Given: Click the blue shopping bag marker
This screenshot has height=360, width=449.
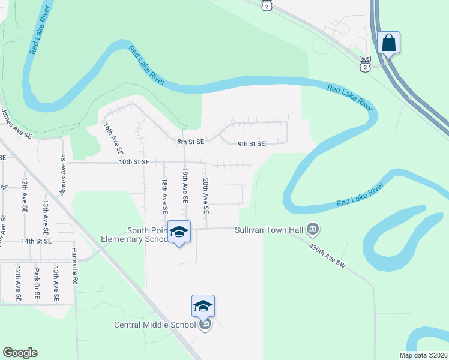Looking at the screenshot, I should (389, 43).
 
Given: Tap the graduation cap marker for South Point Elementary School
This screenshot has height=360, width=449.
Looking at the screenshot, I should (179, 232).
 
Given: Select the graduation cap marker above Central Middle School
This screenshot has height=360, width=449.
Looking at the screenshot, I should (203, 306).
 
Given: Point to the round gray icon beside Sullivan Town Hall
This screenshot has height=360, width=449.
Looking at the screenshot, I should (312, 229).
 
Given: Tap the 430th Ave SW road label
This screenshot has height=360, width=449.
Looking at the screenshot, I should (327, 256).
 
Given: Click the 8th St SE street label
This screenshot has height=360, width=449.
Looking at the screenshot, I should (191, 142).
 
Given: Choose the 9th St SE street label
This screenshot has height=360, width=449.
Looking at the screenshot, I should (252, 144).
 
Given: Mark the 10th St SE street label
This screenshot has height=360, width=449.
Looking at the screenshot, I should (133, 162).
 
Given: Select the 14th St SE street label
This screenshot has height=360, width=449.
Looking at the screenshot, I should (37, 241).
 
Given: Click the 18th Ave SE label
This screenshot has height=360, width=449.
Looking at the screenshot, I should (164, 196).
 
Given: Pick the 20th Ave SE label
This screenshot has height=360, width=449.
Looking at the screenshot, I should (206, 196).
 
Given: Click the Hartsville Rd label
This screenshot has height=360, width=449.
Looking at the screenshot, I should (75, 266).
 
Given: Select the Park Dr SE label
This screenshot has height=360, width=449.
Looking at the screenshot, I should (37, 284).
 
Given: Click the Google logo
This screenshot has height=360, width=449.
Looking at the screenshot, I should (20, 353).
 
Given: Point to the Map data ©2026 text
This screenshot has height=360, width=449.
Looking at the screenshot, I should (423, 355).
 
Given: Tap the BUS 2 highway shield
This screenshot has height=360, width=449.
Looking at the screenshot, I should (365, 64).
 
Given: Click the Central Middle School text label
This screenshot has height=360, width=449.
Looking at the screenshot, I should (155, 325).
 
